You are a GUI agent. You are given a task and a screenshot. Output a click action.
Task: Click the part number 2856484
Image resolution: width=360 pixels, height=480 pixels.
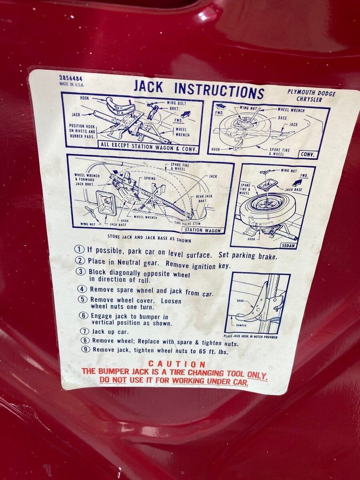pyautogui.click(x=71, y=79)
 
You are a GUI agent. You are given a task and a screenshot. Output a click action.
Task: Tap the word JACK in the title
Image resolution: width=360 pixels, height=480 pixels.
pyautogui.click(x=148, y=86)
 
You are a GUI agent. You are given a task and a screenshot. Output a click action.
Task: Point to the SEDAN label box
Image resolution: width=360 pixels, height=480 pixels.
pyautogui.click(x=288, y=246)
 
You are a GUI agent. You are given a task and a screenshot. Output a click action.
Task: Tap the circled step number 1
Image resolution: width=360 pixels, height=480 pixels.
pyautogui.click(x=79, y=249)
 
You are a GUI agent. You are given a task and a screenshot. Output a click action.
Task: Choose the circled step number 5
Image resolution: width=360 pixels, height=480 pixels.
pyautogui.click(x=82, y=299)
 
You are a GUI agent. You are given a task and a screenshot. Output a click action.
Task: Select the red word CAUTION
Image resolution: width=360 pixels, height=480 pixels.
pyautogui.click(x=177, y=364)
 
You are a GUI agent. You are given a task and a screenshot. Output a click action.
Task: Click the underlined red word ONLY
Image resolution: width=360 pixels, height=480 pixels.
pyautogui.click(x=257, y=375)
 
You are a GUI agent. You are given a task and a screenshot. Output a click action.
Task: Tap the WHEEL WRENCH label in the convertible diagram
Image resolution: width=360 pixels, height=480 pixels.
pyautogui.click(x=291, y=110)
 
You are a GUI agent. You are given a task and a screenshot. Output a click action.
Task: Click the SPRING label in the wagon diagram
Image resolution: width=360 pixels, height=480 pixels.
pyautogui.click(x=150, y=178)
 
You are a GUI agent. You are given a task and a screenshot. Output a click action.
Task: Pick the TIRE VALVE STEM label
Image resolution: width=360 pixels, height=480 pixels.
pyautogui.click(x=187, y=224)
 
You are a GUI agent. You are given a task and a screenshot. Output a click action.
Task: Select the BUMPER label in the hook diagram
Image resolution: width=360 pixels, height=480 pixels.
pyautogui.click(x=241, y=325)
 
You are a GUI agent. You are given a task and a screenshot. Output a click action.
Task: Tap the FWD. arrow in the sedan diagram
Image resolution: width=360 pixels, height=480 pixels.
pyautogui.click(x=297, y=182)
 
